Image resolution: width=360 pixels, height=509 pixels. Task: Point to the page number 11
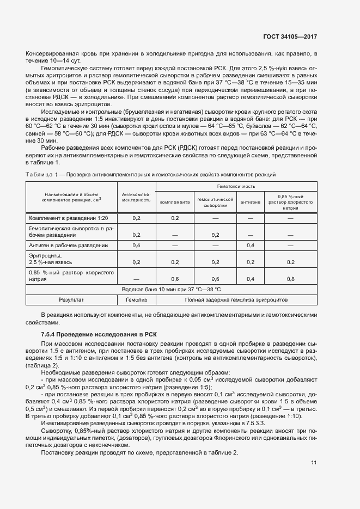314,463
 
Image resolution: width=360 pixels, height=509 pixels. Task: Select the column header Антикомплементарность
136,197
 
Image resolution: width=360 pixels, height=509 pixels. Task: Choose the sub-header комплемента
175,203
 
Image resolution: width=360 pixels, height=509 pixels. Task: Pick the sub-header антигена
251,203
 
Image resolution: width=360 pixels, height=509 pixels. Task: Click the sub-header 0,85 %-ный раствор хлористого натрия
290,203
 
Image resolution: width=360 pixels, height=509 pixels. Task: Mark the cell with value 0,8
290,279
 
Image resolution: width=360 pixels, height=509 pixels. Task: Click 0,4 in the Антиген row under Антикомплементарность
136,246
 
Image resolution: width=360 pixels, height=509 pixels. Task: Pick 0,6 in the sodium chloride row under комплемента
175,279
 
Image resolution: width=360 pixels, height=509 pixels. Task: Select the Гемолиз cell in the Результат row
136,300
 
